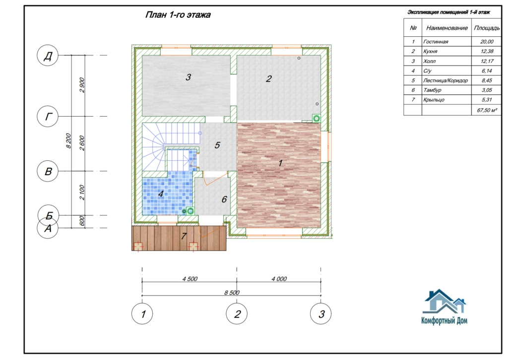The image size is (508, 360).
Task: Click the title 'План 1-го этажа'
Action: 178,15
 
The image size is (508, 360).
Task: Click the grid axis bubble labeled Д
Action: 48,56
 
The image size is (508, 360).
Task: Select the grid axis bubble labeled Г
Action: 48,116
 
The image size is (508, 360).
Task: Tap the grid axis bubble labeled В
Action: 48,171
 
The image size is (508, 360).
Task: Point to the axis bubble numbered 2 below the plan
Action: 237,314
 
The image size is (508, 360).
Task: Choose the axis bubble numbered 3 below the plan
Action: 321,314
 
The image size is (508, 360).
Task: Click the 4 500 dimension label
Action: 190,279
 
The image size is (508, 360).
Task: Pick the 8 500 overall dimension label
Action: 232,292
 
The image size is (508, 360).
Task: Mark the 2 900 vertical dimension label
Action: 82,85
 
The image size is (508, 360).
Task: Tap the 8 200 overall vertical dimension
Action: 68,141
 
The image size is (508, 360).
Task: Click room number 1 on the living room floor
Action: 281,163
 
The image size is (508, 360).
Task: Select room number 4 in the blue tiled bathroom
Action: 161,194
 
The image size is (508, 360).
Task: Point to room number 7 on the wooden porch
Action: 184,236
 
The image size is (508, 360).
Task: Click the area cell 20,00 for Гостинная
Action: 487,42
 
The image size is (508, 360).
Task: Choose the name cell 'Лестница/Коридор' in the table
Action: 445,80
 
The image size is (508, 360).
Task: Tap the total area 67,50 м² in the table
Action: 487,110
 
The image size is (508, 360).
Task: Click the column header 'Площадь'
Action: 487,28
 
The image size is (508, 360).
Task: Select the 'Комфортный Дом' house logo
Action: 444,306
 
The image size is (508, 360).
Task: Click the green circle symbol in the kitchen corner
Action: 316,118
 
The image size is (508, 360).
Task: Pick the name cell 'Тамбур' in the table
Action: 432,90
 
